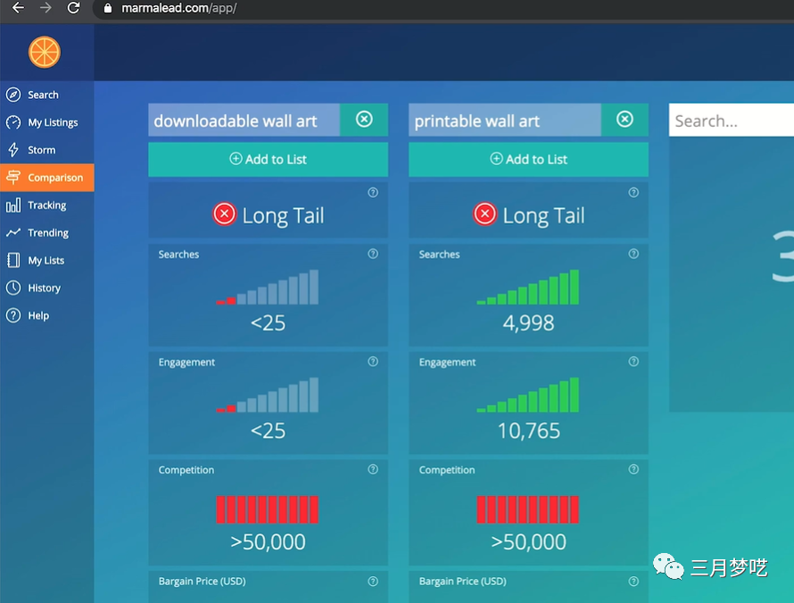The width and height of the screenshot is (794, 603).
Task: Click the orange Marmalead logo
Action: pyautogui.click(x=44, y=53)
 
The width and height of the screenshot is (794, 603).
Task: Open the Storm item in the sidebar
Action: pyautogui.click(x=41, y=150)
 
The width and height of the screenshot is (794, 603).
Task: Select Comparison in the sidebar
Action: pyautogui.click(x=54, y=178)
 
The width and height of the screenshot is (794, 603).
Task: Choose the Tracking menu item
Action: pyautogui.click(x=46, y=205)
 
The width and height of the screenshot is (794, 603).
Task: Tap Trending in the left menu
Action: pyautogui.click(x=47, y=233)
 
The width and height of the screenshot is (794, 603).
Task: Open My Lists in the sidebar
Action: pyautogui.click(x=45, y=260)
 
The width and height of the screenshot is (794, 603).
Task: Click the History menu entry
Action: pyautogui.click(x=44, y=288)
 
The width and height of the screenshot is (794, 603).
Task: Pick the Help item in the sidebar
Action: pyautogui.click(x=38, y=316)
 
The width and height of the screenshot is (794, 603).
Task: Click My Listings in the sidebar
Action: pyautogui.click(x=53, y=122)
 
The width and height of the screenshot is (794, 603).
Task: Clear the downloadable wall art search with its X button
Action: pyautogui.click(x=364, y=120)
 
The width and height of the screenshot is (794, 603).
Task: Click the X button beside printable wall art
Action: pyautogui.click(x=624, y=120)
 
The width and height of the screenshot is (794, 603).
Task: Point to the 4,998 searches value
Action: pyautogui.click(x=528, y=323)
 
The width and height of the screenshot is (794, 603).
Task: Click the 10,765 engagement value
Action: pyautogui.click(x=528, y=431)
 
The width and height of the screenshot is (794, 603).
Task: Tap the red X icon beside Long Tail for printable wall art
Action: pyautogui.click(x=484, y=214)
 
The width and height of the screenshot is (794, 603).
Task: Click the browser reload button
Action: pyautogui.click(x=73, y=8)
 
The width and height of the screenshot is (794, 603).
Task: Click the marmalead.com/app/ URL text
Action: pyautogui.click(x=178, y=8)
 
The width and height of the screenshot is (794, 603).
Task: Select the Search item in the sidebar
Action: pyautogui.click(x=43, y=95)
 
